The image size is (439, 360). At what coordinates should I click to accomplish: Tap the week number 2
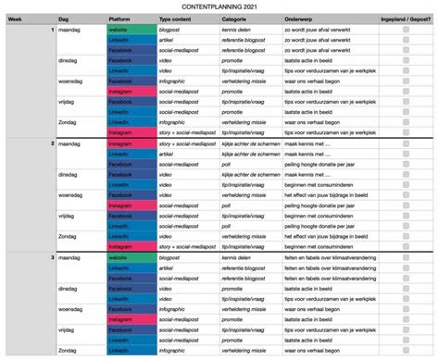(52, 145)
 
